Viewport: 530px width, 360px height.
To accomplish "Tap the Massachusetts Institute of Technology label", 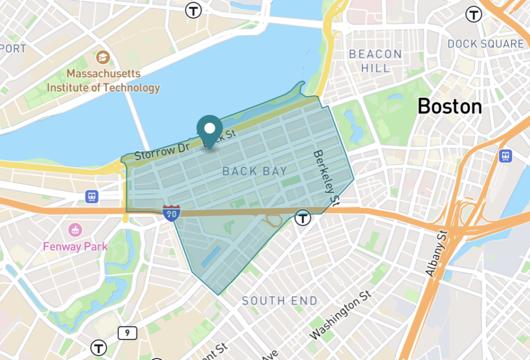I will pyautogui.click(x=104, y=81).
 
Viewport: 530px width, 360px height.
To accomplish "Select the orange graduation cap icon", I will pyautogui.click(x=103, y=57).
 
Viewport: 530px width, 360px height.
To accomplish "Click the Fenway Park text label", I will pyautogui.click(x=76, y=246).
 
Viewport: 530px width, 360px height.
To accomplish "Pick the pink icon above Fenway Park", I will pyautogui.click(x=76, y=229).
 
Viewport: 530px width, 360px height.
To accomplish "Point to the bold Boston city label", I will pyautogui.click(x=449, y=107).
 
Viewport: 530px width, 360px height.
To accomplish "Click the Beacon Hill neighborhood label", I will pyautogui.click(x=375, y=61).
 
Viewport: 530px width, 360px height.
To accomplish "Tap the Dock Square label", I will pyautogui.click(x=485, y=44).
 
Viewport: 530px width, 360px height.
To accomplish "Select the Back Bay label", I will pyautogui.click(x=254, y=171).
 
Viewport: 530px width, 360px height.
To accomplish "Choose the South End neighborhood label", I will pyautogui.click(x=279, y=300).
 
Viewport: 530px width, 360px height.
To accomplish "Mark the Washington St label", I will pyautogui.click(x=341, y=314).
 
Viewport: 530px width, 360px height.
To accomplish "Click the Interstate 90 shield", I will pyautogui.click(x=171, y=212).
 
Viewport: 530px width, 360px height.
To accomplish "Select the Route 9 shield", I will pyautogui.click(x=127, y=333).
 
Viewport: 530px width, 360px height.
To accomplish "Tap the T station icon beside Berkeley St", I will pyautogui.click(x=303, y=218).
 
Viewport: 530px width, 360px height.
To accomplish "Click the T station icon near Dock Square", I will pyautogui.click(x=473, y=14).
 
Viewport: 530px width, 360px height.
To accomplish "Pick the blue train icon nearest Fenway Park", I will pyautogui.click(x=92, y=196).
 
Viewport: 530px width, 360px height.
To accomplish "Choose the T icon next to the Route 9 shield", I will pyautogui.click(x=98, y=348).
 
